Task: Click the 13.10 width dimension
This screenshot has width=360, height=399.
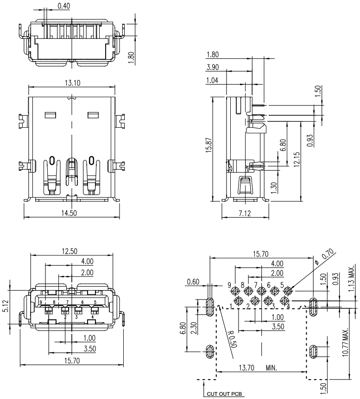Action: tap(72, 83)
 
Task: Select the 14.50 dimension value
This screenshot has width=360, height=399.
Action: tap(69, 213)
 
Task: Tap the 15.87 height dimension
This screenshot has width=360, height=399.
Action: tap(209, 145)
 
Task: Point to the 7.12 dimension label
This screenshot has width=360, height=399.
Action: tap(245, 213)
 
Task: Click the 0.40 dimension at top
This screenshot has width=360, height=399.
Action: tap(63, 6)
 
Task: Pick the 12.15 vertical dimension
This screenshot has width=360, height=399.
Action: tap(297, 160)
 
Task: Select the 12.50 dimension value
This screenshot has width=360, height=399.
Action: tap(69, 251)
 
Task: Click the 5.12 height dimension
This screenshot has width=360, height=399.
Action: tap(6, 306)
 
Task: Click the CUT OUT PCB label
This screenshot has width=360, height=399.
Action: tap(224, 394)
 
